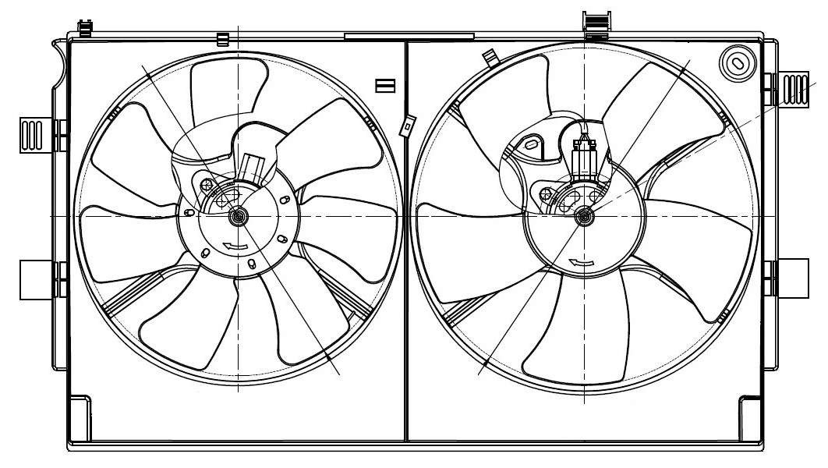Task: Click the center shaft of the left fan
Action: (x=237, y=218)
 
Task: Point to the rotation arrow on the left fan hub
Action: (x=234, y=246)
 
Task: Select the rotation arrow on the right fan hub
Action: (x=578, y=262)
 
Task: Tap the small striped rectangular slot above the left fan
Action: (x=385, y=85)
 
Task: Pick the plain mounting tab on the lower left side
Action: (x=34, y=279)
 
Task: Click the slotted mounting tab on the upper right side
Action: (x=794, y=87)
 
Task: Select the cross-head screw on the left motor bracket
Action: (x=207, y=185)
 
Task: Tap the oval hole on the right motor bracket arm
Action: (x=531, y=145)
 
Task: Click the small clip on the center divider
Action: (x=406, y=125)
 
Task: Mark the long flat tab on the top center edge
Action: (x=409, y=36)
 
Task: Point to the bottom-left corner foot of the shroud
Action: (x=80, y=417)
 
